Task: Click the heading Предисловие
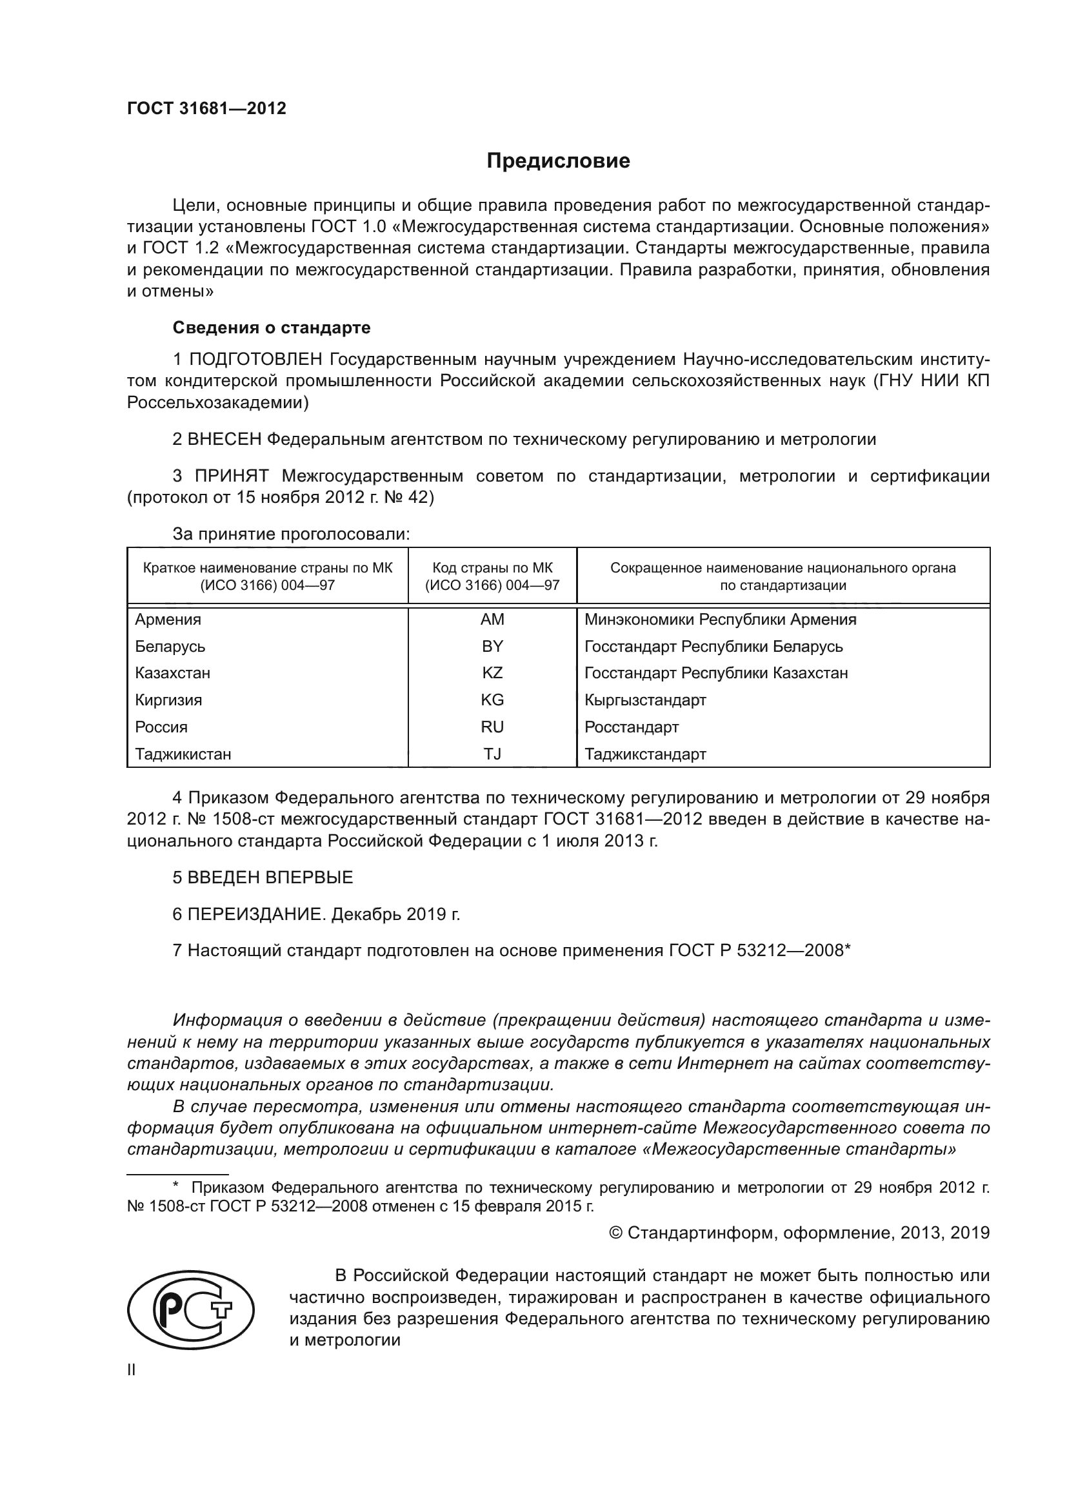[x=558, y=161]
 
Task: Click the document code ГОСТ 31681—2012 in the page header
[x=206, y=108]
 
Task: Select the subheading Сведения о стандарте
[x=272, y=327]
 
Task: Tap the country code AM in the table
[x=492, y=620]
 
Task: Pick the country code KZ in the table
[x=492, y=673]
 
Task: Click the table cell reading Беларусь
[x=170, y=646]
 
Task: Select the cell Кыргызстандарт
[x=645, y=700]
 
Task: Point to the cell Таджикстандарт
[x=645, y=754]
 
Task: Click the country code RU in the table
[x=492, y=727]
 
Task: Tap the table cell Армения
[x=168, y=620]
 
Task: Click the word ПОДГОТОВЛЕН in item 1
[x=255, y=359]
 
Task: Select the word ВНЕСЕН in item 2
[x=224, y=439]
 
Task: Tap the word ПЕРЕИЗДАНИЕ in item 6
[x=256, y=914]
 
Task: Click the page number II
[x=132, y=1370]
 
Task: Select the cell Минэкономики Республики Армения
[x=720, y=620]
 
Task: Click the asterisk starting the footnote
[x=175, y=1186]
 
